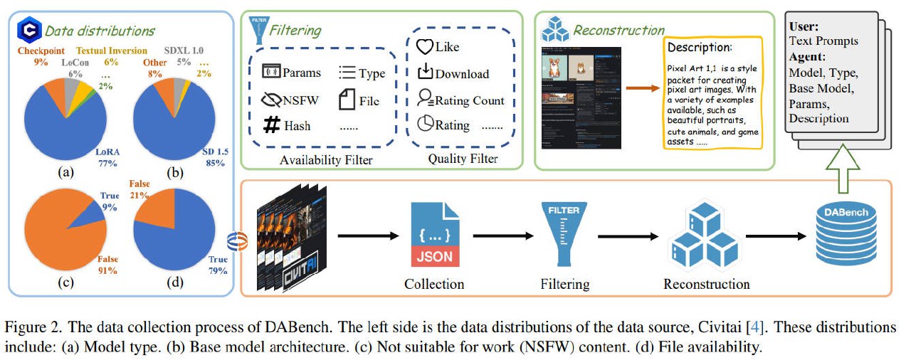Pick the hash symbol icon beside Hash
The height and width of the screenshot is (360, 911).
(270, 125)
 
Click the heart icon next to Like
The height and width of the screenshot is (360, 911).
(424, 47)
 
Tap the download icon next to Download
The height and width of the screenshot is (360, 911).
(424, 73)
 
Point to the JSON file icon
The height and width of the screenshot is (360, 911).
(433, 233)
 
